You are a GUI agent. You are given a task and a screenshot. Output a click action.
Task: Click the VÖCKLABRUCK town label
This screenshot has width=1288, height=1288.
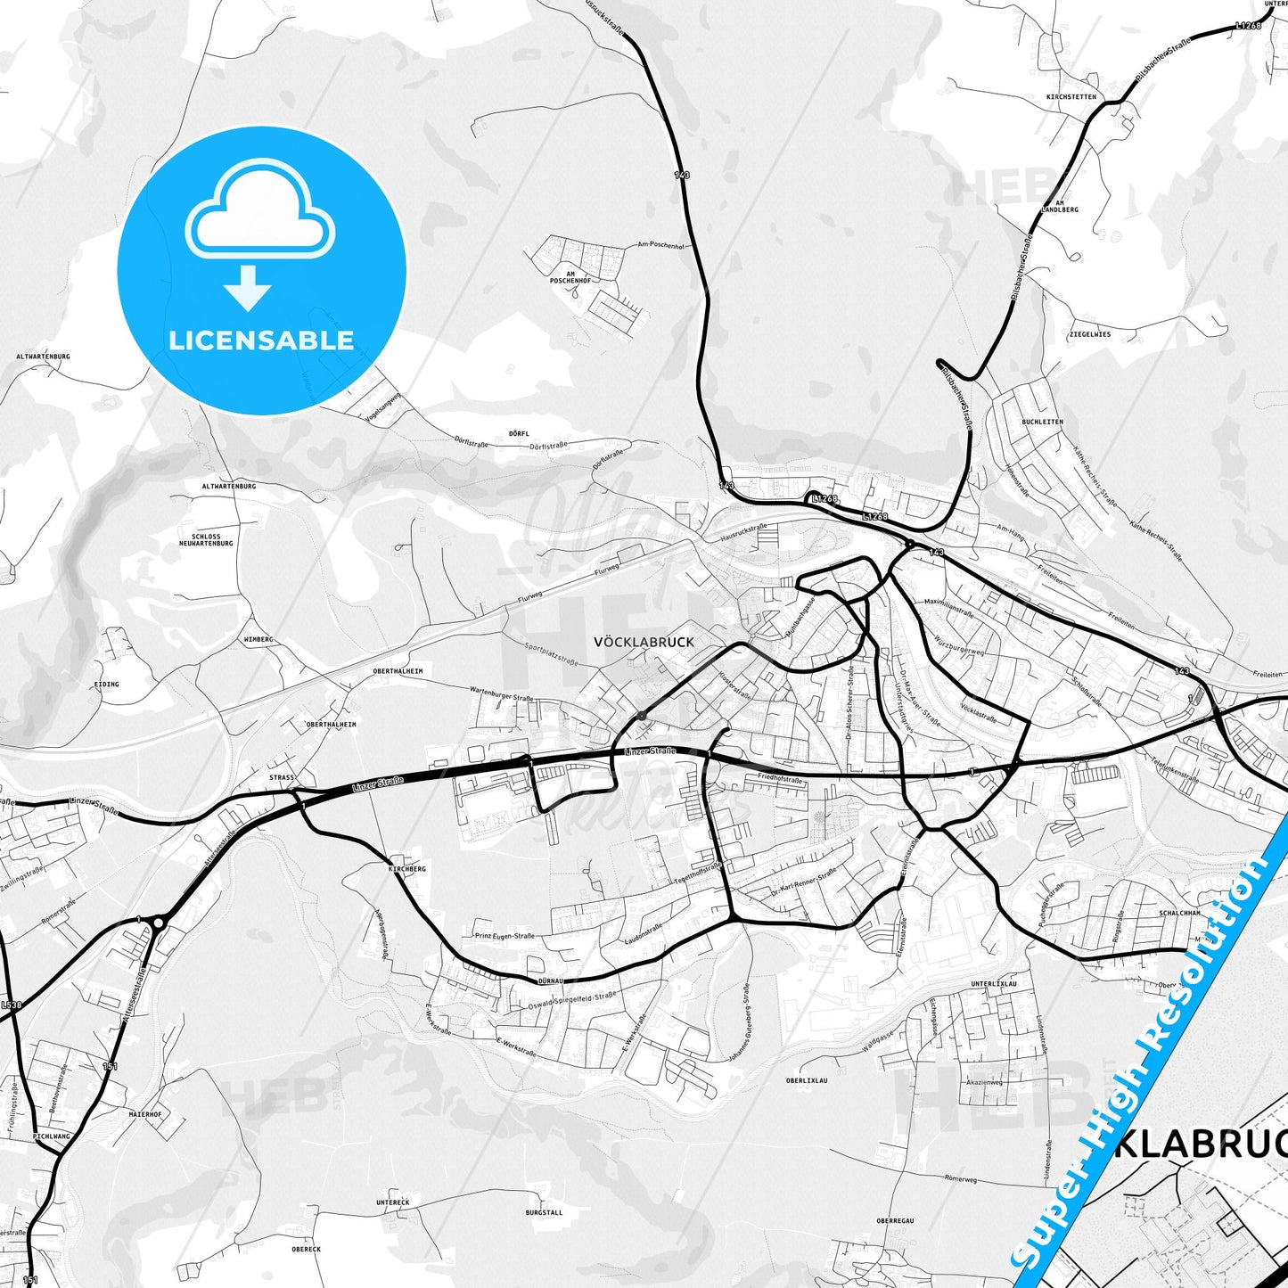coord(643,642)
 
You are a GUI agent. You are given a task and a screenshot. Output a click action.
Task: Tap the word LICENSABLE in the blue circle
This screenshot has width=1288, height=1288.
coord(261,340)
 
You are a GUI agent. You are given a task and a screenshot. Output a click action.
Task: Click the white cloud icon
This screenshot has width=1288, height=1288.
coord(259,211)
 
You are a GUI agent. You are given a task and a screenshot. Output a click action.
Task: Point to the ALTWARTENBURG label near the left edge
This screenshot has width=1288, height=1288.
coord(43,357)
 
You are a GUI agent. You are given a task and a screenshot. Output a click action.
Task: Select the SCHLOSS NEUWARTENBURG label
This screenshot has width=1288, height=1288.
coord(206,540)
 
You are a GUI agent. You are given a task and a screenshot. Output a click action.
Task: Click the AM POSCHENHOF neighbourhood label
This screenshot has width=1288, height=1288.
coord(570,275)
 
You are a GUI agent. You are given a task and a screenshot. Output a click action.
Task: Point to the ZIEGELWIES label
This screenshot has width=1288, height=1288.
coord(1089,334)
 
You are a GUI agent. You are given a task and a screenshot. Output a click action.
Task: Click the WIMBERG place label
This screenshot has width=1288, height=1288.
coord(258,640)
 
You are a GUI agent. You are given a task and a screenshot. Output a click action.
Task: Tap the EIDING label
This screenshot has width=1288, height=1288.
coord(106,685)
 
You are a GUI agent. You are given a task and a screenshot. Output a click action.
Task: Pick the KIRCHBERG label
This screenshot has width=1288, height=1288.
coord(407,868)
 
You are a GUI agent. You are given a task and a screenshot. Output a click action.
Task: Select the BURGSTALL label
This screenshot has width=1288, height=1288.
coord(544,1213)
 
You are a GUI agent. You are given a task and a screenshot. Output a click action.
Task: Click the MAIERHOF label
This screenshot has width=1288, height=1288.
coord(145,1114)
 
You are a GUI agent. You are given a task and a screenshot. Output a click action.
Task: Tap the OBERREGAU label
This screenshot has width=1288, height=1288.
coord(895,1221)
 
